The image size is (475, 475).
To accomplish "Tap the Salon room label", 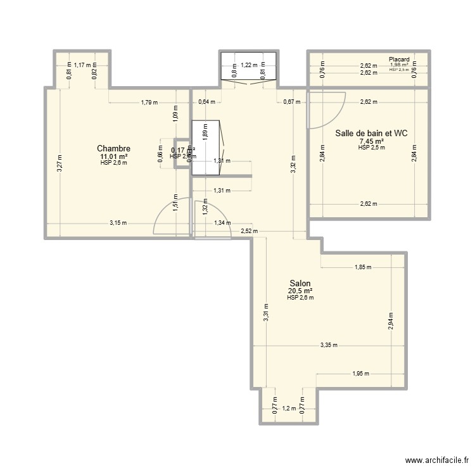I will (300, 283).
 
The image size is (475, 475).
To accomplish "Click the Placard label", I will (399, 60).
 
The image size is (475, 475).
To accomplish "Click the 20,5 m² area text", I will (300, 291).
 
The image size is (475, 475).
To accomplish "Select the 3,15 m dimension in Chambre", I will (118, 222).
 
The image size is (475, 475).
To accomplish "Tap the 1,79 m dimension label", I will (149, 101).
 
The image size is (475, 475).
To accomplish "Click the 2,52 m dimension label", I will (250, 231).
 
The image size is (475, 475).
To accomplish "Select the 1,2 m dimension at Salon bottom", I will (289, 408).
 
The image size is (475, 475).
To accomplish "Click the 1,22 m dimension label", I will (248, 65).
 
